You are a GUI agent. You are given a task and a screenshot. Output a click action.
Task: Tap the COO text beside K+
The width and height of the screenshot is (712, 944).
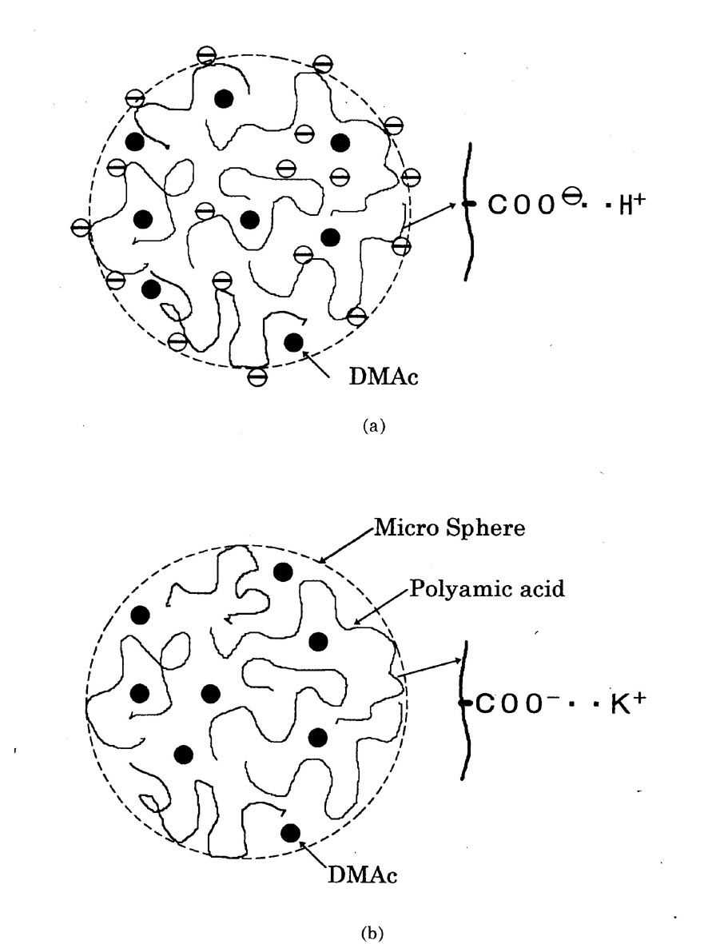507,704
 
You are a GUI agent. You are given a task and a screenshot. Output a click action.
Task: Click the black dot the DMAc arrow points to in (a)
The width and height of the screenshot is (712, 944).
293,342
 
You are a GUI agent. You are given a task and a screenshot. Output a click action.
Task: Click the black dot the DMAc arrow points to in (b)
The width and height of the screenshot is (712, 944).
290,833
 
